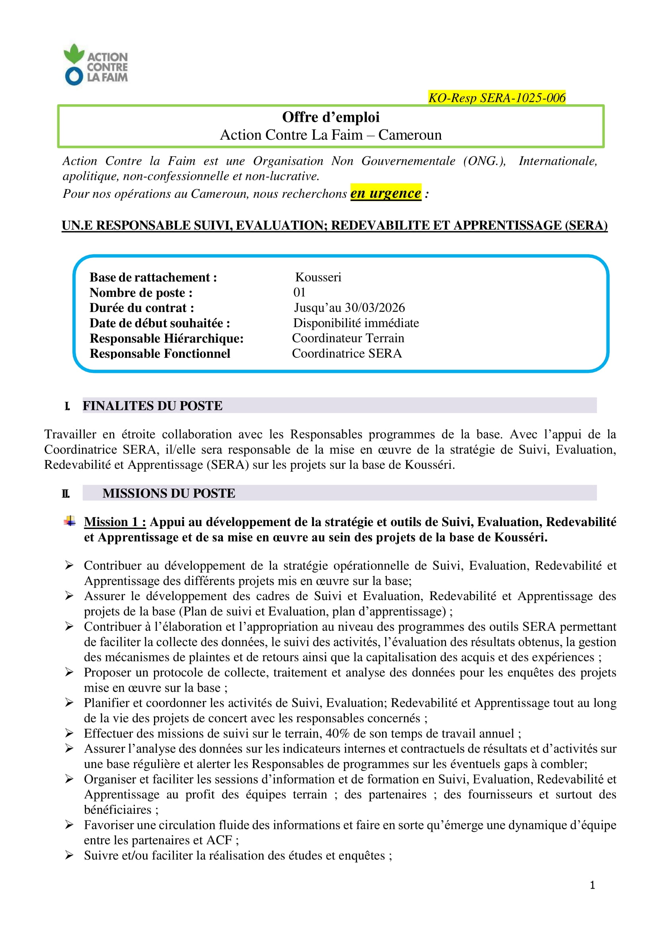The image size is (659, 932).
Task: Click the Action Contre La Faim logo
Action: (96, 64)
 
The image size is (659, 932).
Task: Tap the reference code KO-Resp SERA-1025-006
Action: (497, 98)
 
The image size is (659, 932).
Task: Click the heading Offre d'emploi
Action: (331, 117)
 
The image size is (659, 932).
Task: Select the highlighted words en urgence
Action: (385, 193)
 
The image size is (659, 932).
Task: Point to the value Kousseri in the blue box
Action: (318, 277)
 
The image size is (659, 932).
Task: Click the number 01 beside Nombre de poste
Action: (299, 292)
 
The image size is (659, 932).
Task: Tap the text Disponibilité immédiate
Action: (356, 323)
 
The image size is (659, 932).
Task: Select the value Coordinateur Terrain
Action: (348, 338)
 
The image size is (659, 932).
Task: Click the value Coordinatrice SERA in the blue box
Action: (347, 353)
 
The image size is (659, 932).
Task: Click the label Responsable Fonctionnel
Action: (160, 353)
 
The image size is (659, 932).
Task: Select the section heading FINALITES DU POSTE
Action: (152, 406)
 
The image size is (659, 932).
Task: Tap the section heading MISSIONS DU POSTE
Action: (168, 493)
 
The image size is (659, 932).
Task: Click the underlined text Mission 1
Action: (115, 522)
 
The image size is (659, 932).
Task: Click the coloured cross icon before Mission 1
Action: (70, 521)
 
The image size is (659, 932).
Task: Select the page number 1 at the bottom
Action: (592, 885)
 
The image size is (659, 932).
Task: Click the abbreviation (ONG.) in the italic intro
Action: (484, 161)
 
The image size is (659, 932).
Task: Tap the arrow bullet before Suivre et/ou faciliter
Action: (69, 855)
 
